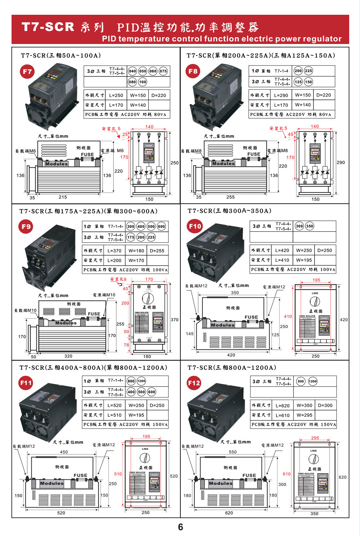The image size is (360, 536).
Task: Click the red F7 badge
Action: [27, 71]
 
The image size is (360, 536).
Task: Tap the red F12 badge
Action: [194, 383]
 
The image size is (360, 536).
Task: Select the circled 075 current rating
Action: [163, 71]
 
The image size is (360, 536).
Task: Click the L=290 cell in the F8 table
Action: [281, 95]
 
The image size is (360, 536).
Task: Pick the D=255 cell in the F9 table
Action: [157, 251]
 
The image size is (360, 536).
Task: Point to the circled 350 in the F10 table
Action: [309, 226]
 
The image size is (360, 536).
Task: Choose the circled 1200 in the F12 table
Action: [312, 381]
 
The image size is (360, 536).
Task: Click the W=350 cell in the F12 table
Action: [304, 405]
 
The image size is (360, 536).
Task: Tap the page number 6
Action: [180, 527]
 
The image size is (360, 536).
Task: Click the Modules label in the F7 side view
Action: [56, 164]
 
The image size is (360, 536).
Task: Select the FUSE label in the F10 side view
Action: [251, 317]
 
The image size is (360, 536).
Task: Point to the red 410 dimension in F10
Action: [288, 316]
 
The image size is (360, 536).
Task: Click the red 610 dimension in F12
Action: [287, 474]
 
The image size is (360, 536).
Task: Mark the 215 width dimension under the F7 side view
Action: [63, 197]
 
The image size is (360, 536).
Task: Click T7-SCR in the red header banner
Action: [48, 27]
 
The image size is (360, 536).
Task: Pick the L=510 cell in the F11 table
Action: [114, 415]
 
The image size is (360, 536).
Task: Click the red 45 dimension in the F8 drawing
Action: [291, 134]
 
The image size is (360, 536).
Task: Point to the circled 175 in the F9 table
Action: [131, 237]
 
